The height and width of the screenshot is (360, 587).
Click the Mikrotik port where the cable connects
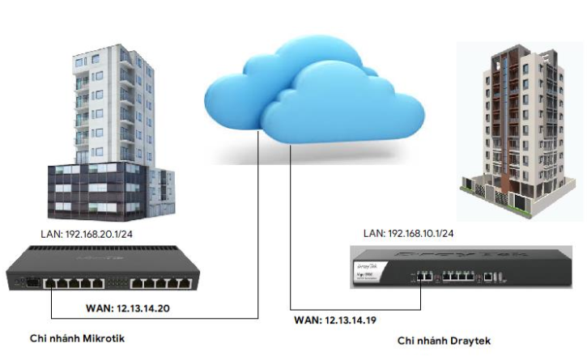pos(50,284)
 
